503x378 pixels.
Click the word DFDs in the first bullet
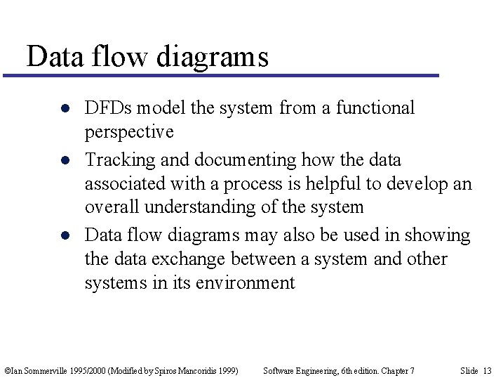click(x=108, y=108)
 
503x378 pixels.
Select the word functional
click(x=375, y=108)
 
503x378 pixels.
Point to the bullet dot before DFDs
click(x=64, y=109)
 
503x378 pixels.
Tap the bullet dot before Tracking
click(x=64, y=161)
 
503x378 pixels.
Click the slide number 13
click(x=488, y=370)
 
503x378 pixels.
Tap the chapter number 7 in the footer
click(x=412, y=370)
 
